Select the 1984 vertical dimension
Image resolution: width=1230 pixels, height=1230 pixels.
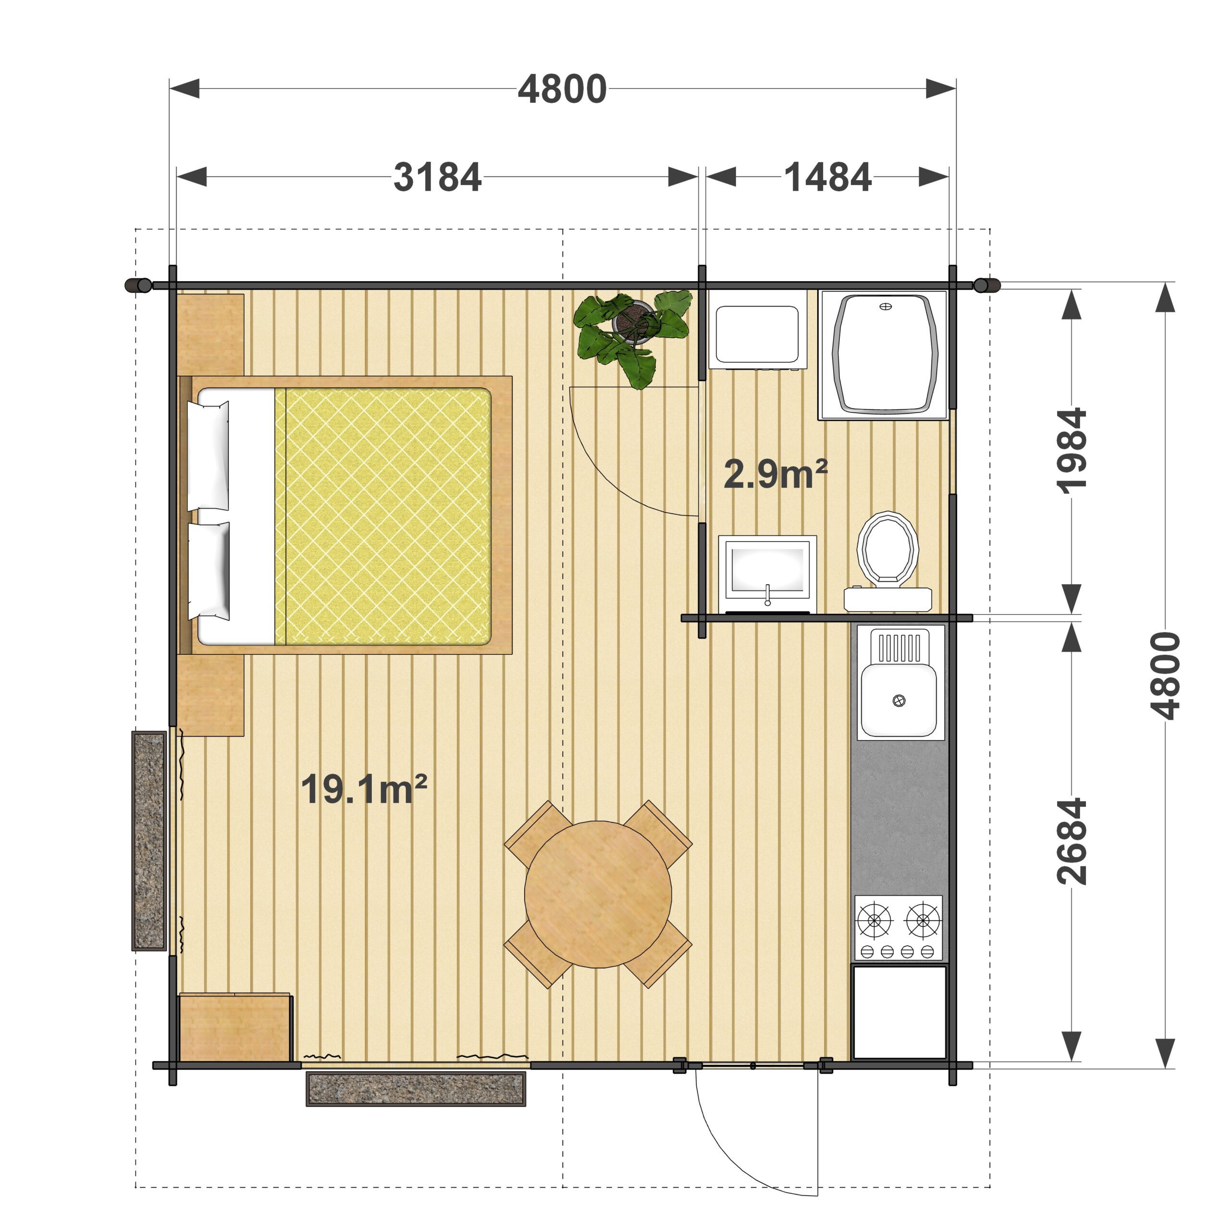click(1071, 450)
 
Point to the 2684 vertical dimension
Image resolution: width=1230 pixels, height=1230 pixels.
click(1071, 841)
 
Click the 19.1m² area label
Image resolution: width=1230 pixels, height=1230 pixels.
click(364, 789)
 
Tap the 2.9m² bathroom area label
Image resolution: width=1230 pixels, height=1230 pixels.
click(775, 474)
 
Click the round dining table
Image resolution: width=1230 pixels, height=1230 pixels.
click(598, 895)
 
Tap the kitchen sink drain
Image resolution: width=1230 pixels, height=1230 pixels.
click(899, 701)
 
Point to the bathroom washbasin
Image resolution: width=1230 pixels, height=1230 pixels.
click(768, 574)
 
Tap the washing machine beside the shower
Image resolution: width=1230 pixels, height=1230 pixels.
click(758, 330)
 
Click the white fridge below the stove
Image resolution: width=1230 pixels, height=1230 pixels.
click(899, 1013)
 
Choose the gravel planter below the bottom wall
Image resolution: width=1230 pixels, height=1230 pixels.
click(416, 1089)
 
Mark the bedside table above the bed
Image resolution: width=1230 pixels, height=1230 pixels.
click(211, 335)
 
